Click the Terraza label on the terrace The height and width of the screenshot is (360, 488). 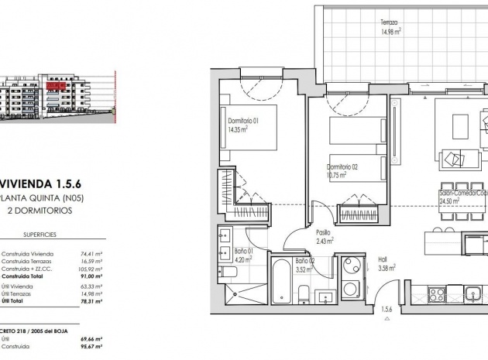[389, 22]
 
